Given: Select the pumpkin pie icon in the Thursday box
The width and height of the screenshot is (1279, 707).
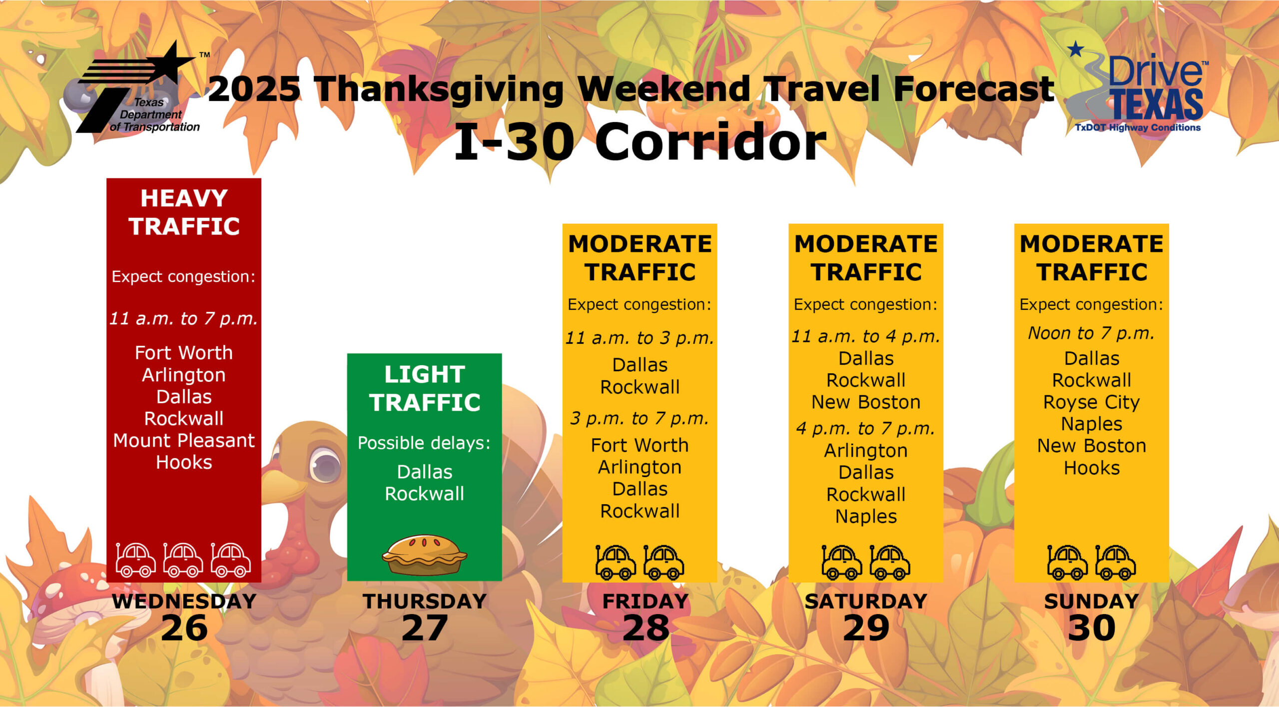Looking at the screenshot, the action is tap(424, 555).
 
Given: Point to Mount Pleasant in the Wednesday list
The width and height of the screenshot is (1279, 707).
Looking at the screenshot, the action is tap(184, 441).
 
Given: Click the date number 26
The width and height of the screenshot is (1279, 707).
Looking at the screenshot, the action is tap(184, 628).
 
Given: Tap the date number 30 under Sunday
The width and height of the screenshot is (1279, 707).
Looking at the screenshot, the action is tap(1092, 628).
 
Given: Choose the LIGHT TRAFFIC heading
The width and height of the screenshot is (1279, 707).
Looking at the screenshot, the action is tap(425, 388).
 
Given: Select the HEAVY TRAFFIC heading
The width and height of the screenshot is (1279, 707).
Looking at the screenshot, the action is tap(184, 212).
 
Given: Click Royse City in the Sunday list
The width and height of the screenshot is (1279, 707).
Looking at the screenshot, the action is tap(1092, 403).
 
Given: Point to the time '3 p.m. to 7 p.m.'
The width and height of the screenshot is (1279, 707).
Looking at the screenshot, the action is tap(639, 419).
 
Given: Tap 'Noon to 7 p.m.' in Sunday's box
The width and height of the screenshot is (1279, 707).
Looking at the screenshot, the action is tap(1092, 333).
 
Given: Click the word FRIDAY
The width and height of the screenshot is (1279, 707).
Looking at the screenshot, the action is tap(645, 601).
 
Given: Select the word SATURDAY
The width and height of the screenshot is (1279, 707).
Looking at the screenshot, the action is tap(866, 601).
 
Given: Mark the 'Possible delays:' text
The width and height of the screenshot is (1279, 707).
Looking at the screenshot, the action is tap(424, 443).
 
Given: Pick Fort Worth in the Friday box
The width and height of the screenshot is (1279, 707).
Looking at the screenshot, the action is tap(639, 445).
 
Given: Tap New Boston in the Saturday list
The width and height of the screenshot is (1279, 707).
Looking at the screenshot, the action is tap(866, 402).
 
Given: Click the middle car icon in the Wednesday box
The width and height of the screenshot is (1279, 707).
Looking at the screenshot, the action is tap(183, 560).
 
